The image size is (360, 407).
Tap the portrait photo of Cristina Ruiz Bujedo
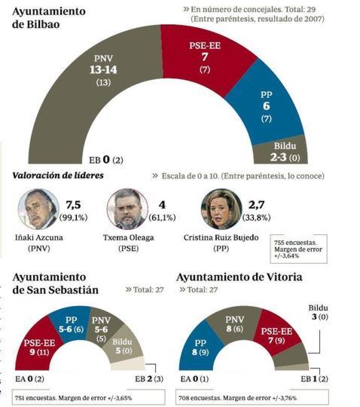click(220, 210)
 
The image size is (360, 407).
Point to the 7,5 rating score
click(74, 204)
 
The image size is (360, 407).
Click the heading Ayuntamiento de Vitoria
click(239, 277)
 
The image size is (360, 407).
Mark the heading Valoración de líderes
click(57, 176)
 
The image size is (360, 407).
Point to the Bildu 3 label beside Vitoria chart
click(322, 314)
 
